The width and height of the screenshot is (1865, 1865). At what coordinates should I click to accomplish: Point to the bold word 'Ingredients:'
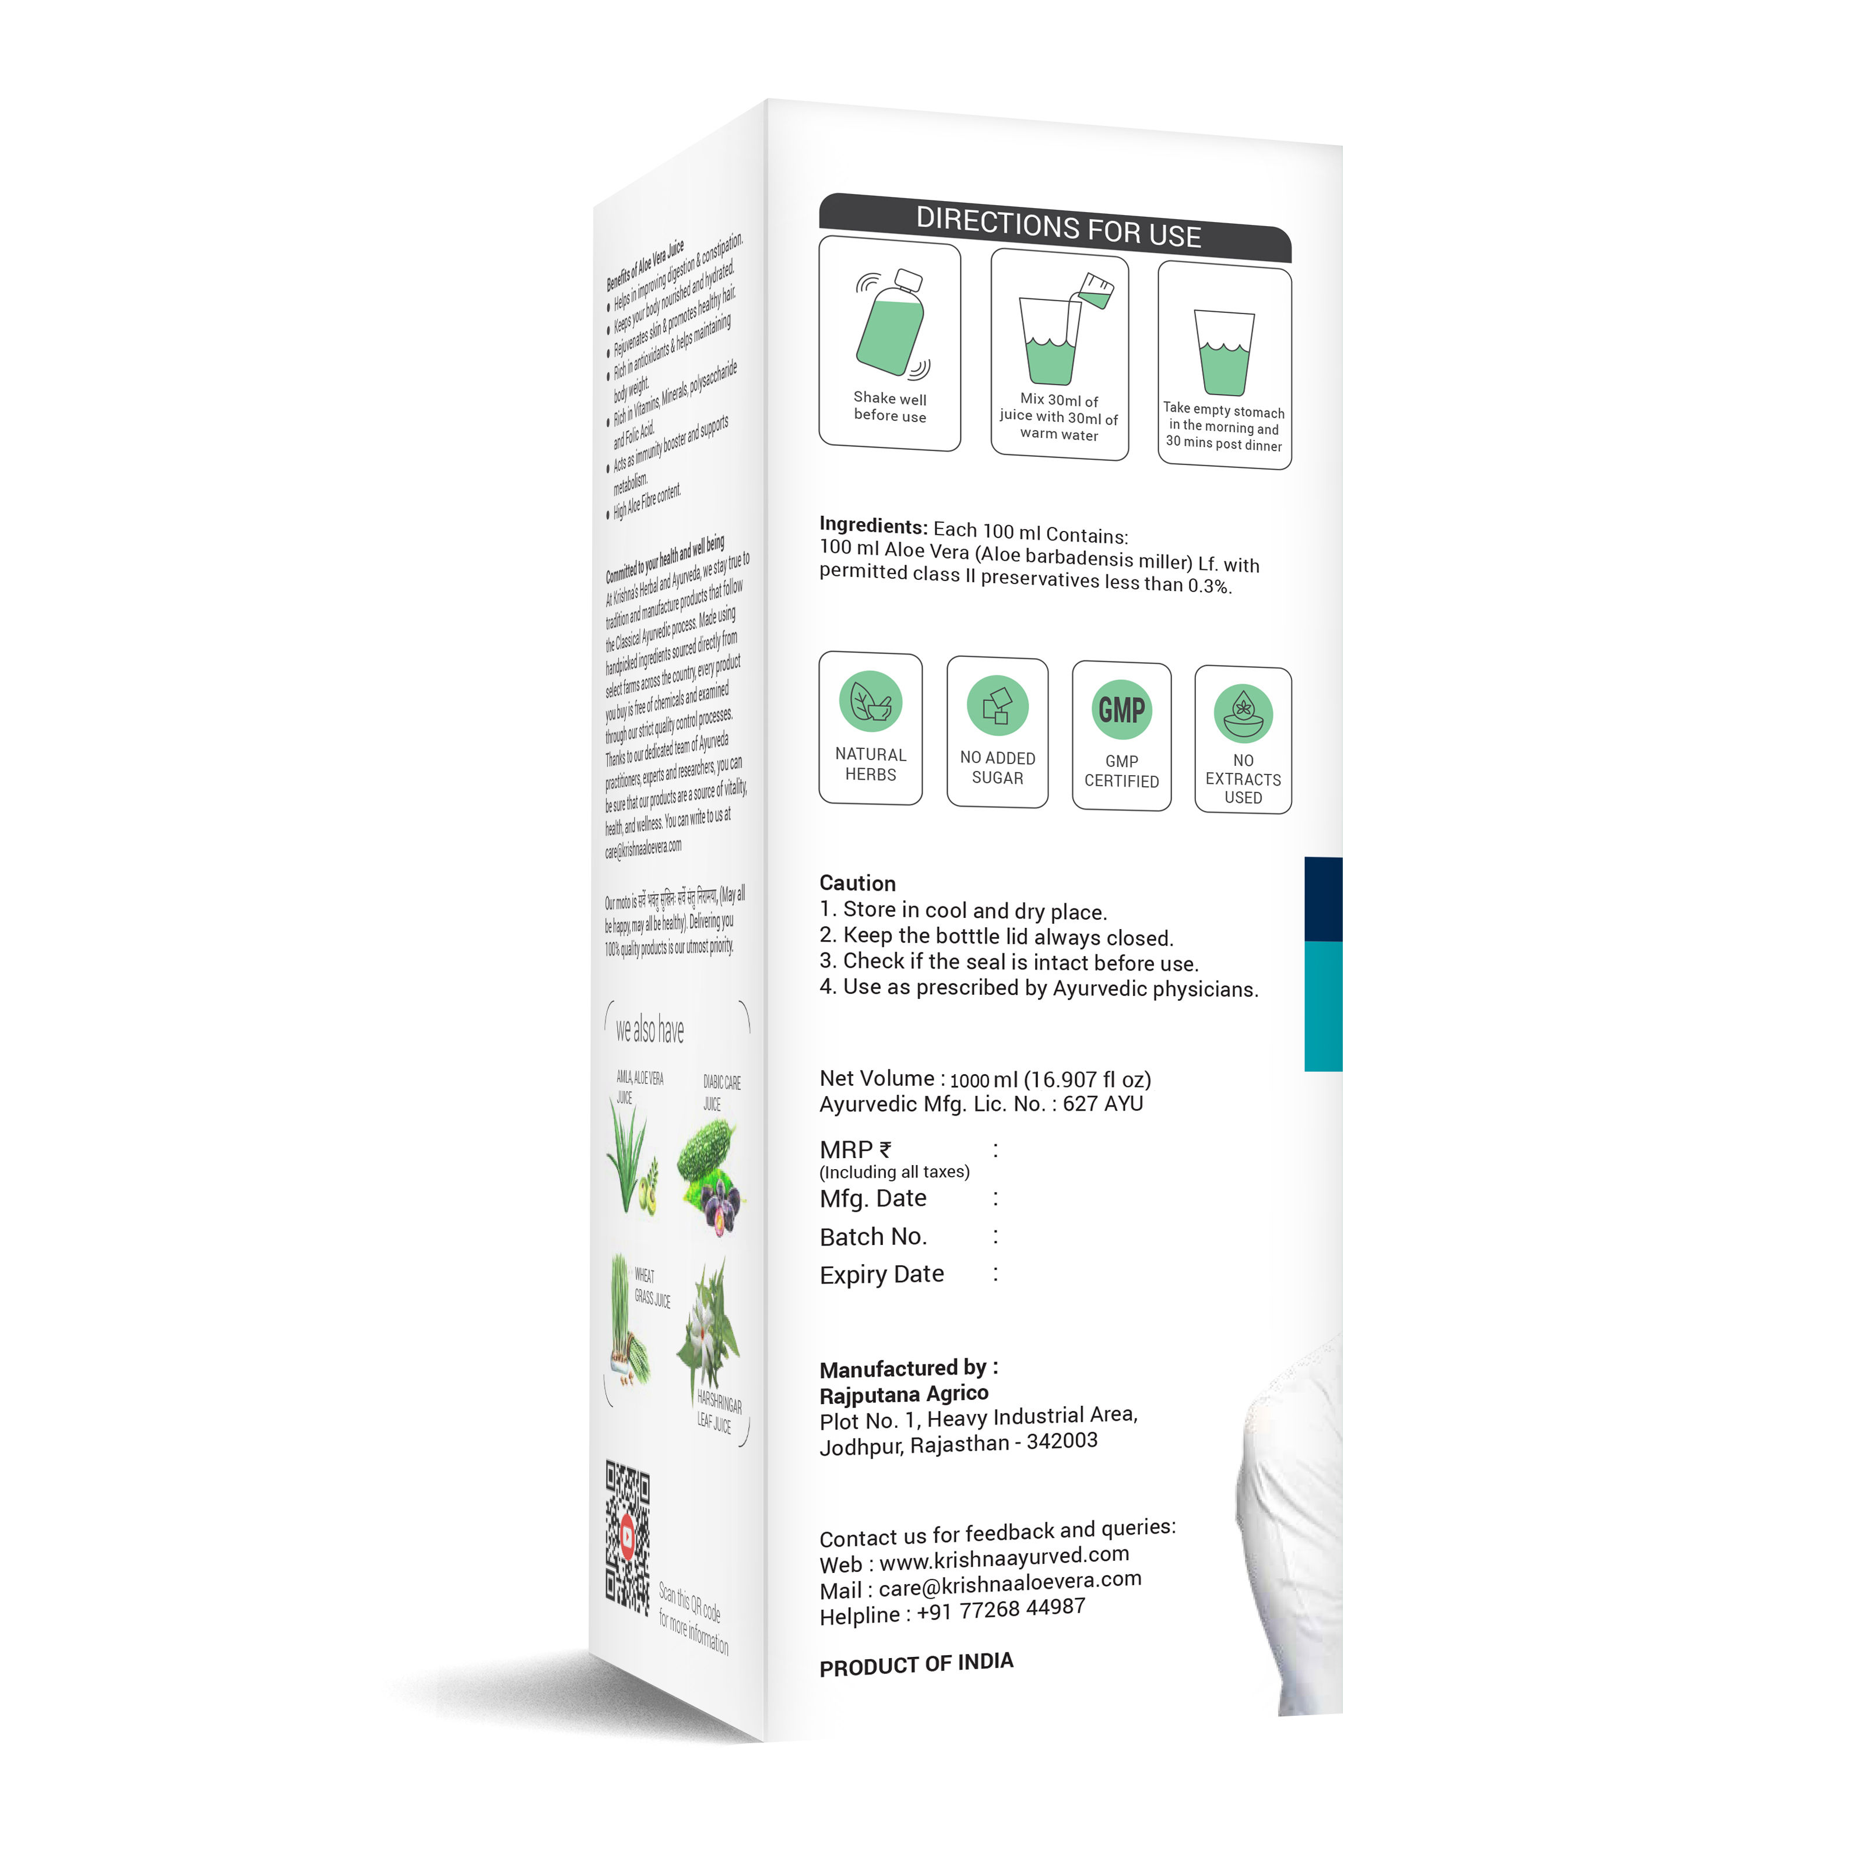872,525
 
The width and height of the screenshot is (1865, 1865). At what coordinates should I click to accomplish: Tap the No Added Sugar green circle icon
997,706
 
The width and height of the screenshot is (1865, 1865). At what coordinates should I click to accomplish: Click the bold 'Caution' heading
857,882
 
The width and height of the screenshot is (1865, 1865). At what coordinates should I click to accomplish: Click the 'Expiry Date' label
881,1274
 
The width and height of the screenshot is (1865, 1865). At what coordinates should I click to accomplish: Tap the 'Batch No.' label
872,1237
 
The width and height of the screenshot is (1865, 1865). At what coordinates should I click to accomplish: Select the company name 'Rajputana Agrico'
903,1394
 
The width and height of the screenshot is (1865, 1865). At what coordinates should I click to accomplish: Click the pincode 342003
1062,1441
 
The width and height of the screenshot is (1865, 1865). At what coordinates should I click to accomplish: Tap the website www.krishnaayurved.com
1004,1557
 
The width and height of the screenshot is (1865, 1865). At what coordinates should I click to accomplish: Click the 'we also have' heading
650,1030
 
